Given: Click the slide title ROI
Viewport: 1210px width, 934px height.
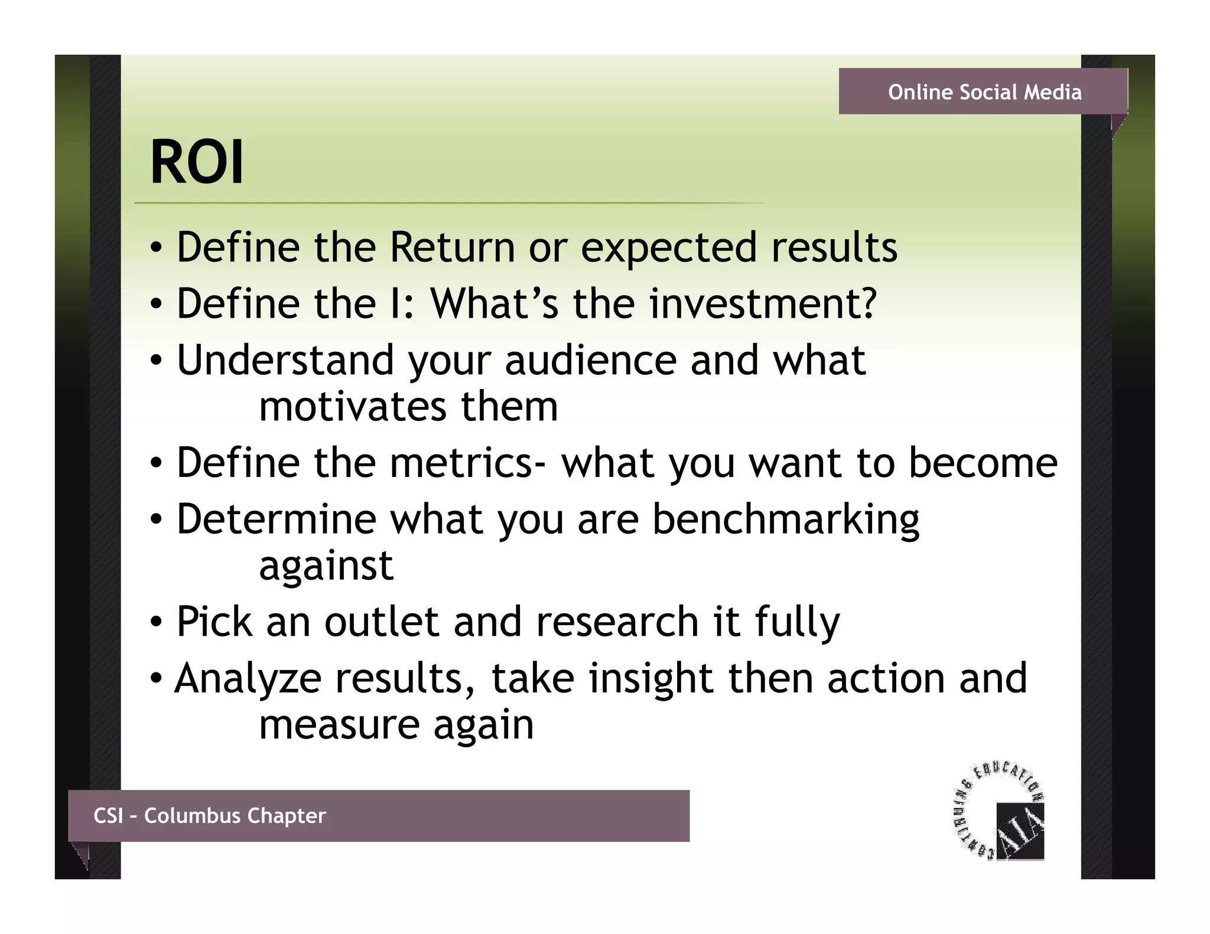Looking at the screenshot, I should (x=197, y=162).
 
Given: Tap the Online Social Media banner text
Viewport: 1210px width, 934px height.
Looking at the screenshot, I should (x=984, y=92).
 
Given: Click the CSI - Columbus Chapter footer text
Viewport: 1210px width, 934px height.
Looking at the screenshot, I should (x=209, y=815).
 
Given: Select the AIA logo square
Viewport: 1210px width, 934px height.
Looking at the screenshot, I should (x=1020, y=831).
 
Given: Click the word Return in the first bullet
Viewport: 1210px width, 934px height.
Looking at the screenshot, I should (x=452, y=247).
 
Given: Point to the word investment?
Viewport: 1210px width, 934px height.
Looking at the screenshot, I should (x=763, y=303).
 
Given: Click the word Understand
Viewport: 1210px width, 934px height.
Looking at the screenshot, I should (x=285, y=360).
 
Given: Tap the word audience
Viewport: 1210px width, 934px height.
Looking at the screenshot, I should (x=590, y=360).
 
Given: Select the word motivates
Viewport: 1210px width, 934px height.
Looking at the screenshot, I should (x=353, y=407).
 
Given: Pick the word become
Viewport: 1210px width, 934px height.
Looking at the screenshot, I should (x=983, y=462).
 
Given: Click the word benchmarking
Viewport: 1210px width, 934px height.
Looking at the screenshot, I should (x=786, y=520).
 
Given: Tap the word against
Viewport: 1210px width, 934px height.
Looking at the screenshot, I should (x=326, y=566).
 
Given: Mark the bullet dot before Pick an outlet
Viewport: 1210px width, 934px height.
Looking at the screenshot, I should (x=155, y=622).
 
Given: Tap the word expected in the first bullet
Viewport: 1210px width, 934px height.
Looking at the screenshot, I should (x=669, y=248).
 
